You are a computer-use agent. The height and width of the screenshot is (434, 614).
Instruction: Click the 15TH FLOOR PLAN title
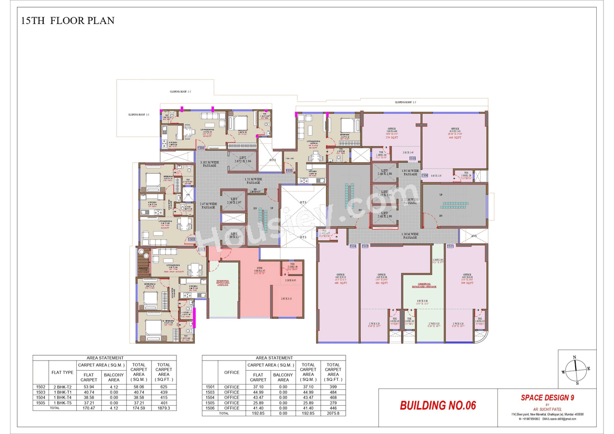68,21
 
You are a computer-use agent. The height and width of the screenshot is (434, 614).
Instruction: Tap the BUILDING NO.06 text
437,405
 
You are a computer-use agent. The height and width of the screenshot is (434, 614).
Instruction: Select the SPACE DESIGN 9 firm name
547,398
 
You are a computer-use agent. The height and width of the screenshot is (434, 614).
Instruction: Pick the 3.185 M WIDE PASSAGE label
208,164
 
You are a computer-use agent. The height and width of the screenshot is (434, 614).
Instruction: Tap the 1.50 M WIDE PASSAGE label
410,235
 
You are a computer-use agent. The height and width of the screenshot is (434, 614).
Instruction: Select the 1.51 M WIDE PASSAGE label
253,180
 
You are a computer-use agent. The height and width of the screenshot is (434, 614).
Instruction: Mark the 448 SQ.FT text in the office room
455,138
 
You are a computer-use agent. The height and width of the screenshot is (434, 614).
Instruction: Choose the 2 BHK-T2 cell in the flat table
62,387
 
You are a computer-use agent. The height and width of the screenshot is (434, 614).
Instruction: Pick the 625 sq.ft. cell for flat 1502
164,387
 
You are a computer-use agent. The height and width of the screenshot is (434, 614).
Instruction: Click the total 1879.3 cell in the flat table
164,408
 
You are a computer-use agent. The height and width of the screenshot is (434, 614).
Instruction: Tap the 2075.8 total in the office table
333,413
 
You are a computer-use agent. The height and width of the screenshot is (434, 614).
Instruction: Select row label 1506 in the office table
210,408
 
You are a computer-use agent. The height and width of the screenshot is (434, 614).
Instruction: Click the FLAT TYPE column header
62,372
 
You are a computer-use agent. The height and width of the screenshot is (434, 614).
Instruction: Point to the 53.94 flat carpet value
89,387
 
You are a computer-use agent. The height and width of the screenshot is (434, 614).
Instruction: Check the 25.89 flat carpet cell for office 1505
258,402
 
